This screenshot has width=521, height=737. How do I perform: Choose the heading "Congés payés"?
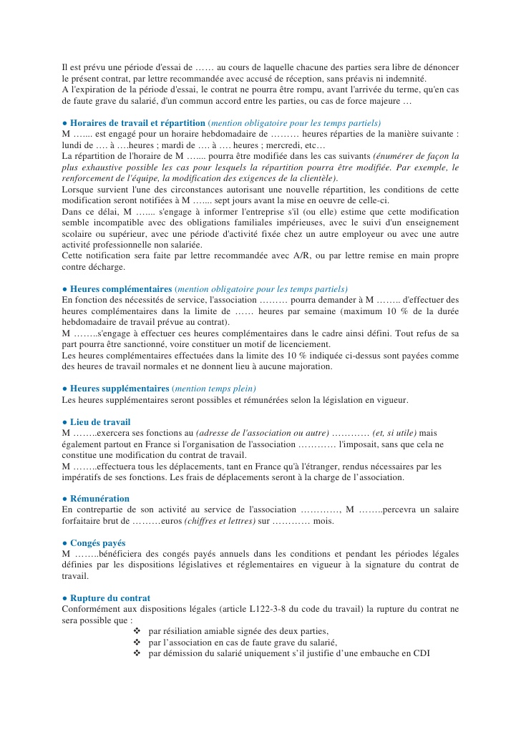pyautogui.click(x=97, y=543)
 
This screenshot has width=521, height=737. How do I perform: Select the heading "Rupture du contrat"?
pyautogui.click(x=109, y=598)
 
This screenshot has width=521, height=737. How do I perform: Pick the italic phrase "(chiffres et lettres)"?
pyautogui.click(x=220, y=521)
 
